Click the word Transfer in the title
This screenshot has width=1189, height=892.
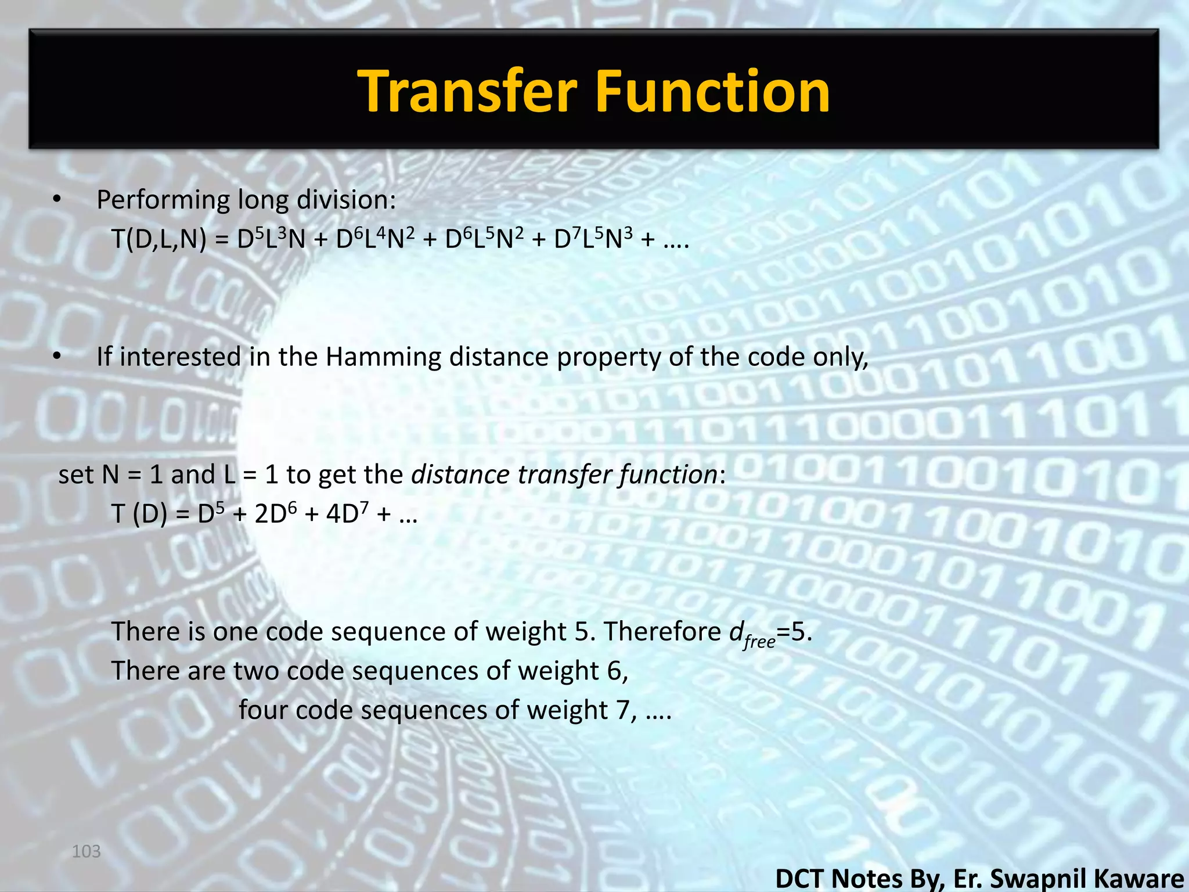[x=468, y=91]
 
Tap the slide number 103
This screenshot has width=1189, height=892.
[x=86, y=851]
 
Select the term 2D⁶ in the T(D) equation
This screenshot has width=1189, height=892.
[x=275, y=513]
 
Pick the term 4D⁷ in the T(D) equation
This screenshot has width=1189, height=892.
[x=347, y=513]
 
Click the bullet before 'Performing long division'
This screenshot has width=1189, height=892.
[x=56, y=200]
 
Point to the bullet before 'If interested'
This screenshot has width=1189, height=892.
[x=56, y=357]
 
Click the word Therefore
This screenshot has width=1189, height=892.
[x=662, y=631]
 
